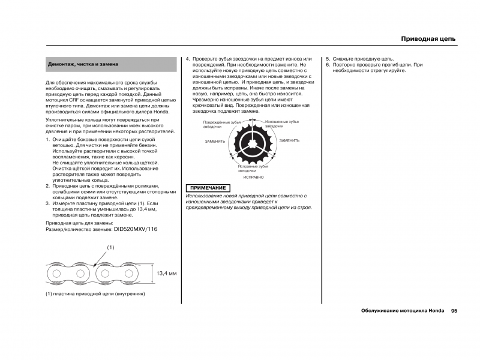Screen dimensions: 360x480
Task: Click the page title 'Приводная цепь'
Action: [x=428, y=39]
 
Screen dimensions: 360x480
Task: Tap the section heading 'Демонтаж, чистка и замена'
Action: [x=83, y=64]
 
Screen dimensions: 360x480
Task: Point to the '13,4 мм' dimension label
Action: [x=167, y=274]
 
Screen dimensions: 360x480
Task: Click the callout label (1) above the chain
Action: [x=110, y=247]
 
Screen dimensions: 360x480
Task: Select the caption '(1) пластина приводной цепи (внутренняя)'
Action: [x=96, y=294]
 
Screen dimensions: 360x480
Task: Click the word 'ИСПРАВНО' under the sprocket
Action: [x=253, y=178]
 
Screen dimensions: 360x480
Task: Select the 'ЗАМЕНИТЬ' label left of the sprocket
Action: [x=215, y=141]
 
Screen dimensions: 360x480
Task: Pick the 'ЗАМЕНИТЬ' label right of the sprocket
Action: [x=289, y=140]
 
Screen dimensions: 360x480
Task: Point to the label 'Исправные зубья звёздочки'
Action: [x=251, y=169]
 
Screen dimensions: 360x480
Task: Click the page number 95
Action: [x=454, y=311]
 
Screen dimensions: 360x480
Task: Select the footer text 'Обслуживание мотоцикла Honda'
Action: [x=403, y=311]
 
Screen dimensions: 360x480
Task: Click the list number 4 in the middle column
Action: [x=187, y=59]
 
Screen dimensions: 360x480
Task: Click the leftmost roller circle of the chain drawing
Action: [x=57, y=274]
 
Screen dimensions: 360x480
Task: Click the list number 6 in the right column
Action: [x=328, y=65]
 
